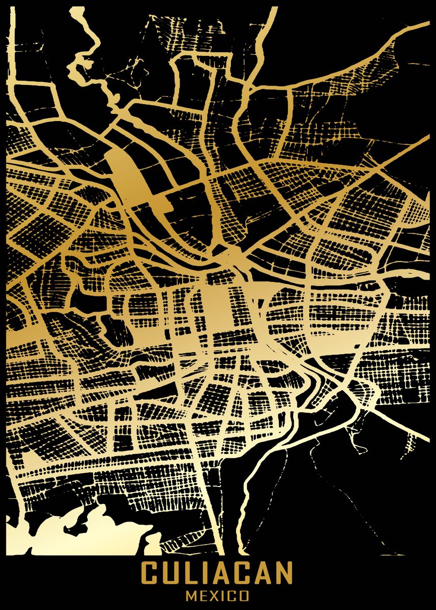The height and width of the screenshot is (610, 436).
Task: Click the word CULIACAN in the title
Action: point(217,572)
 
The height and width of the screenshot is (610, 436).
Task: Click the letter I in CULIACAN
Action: point(203,572)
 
